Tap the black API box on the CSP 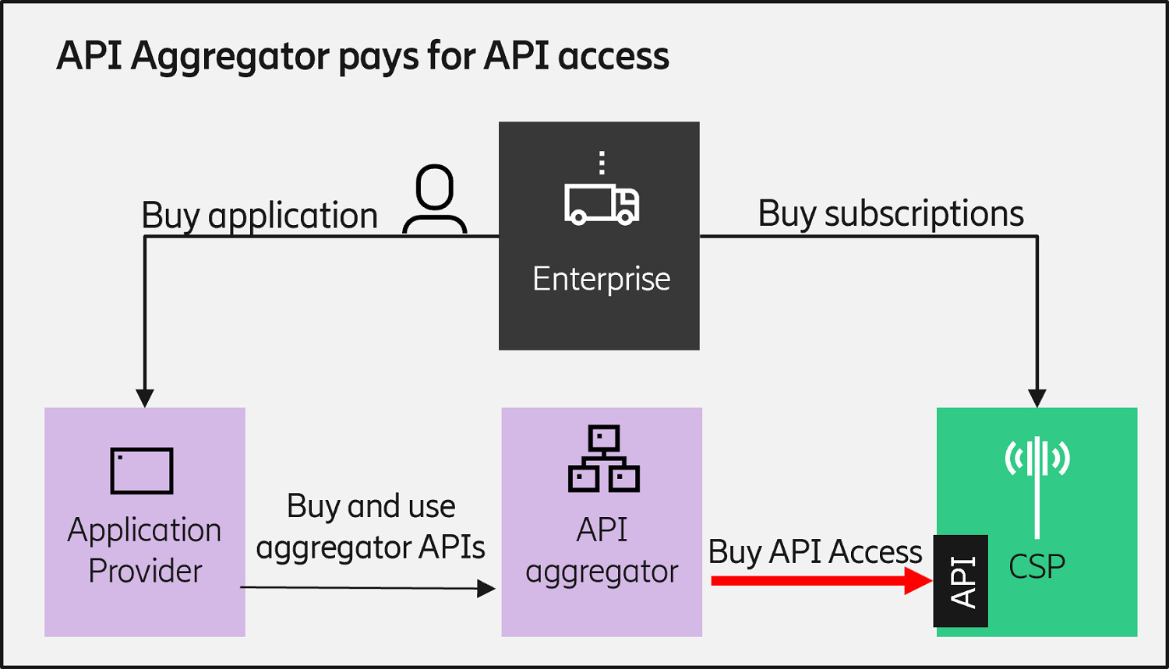pos(961,581)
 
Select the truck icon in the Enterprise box pos(602,205)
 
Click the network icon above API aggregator pos(604,459)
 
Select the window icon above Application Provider pos(142,470)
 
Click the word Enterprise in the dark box pos(601,279)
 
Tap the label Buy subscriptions pos(891,213)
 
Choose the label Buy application pos(260,216)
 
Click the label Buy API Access pos(815,551)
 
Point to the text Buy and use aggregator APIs pos(371,526)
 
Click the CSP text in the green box pos(1037,566)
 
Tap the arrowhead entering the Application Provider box pos(145,397)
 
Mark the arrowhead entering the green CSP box pos(1037,397)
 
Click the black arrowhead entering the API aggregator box pos(486,589)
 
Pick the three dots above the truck pos(602,162)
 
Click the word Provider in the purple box pos(145,571)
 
